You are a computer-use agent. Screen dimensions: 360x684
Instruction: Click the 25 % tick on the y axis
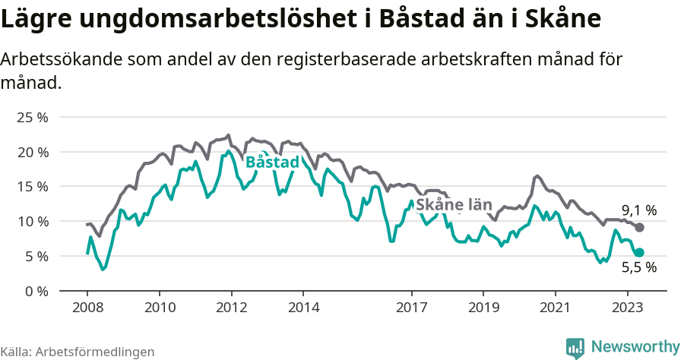tap(33, 118)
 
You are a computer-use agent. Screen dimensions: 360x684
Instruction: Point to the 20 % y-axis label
tap(33, 153)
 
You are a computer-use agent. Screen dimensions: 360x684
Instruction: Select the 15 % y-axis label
tap(33, 187)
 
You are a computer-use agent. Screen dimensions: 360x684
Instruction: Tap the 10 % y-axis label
tap(33, 222)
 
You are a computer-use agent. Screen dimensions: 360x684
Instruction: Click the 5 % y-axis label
tap(36, 257)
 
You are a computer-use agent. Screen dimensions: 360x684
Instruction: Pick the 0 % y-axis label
tap(36, 291)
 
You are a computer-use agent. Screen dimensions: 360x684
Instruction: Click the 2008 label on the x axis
tap(87, 308)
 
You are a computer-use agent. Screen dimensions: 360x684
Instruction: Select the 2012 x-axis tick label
tap(231, 308)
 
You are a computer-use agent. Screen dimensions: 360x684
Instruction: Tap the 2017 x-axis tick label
tap(411, 308)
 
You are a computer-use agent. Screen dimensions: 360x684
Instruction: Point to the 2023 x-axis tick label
tap(627, 308)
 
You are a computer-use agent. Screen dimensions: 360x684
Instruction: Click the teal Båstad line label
tap(272, 163)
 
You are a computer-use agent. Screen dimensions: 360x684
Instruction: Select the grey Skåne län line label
tap(454, 205)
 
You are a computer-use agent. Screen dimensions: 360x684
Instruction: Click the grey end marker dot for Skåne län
tap(640, 228)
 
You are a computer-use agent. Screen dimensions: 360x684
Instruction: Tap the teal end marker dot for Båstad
tap(640, 252)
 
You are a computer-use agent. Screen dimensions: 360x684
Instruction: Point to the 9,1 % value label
tap(639, 210)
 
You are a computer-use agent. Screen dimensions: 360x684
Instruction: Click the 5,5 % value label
tap(639, 267)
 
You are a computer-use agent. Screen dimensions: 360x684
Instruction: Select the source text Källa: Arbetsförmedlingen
tap(78, 352)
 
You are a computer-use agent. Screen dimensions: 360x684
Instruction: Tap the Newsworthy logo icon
tap(575, 347)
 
